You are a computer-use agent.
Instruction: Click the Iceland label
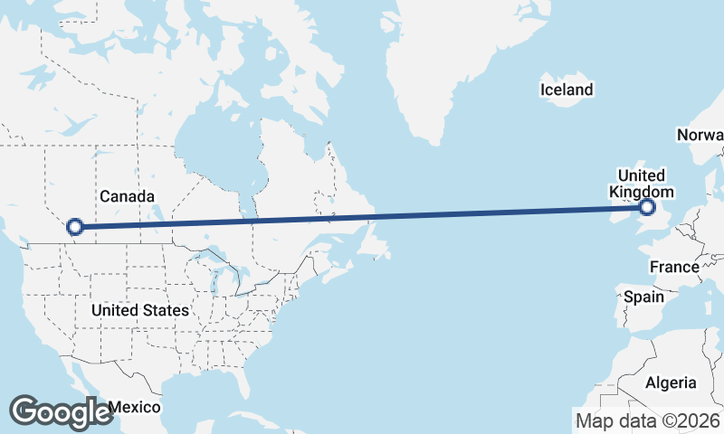pos(567,90)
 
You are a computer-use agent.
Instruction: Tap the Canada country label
pos(127,196)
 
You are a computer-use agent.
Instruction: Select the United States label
pos(140,310)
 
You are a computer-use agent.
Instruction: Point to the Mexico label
pos(137,407)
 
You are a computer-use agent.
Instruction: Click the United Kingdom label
pos(641,184)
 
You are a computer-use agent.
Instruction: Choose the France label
pos(674,267)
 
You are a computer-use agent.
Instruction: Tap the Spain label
pos(643,297)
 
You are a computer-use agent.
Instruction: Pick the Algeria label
pos(671,382)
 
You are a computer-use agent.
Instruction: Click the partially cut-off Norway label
pos(700,136)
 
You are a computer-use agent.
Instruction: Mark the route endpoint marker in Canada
pos(75,227)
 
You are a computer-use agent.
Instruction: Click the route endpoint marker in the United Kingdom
pos(647,208)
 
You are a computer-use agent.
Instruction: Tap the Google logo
pos(61,411)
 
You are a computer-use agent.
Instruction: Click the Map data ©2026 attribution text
pos(648,420)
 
